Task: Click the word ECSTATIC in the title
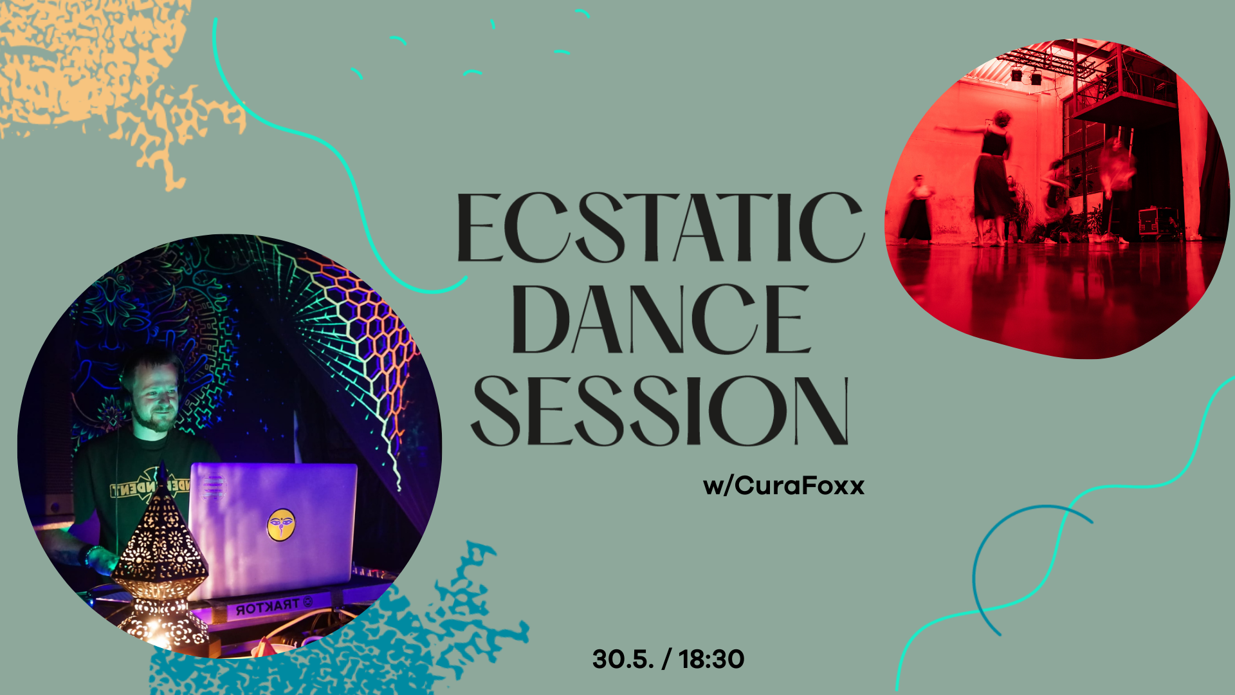coord(661,228)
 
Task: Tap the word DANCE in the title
coord(661,319)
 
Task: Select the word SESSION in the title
coord(661,411)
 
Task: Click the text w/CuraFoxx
coord(783,485)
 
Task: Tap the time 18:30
coord(711,659)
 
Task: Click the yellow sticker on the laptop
coord(281,524)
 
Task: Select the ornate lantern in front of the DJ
coord(161,566)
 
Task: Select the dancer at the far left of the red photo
coord(916,208)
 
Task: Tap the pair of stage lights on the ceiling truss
coord(1026,77)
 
